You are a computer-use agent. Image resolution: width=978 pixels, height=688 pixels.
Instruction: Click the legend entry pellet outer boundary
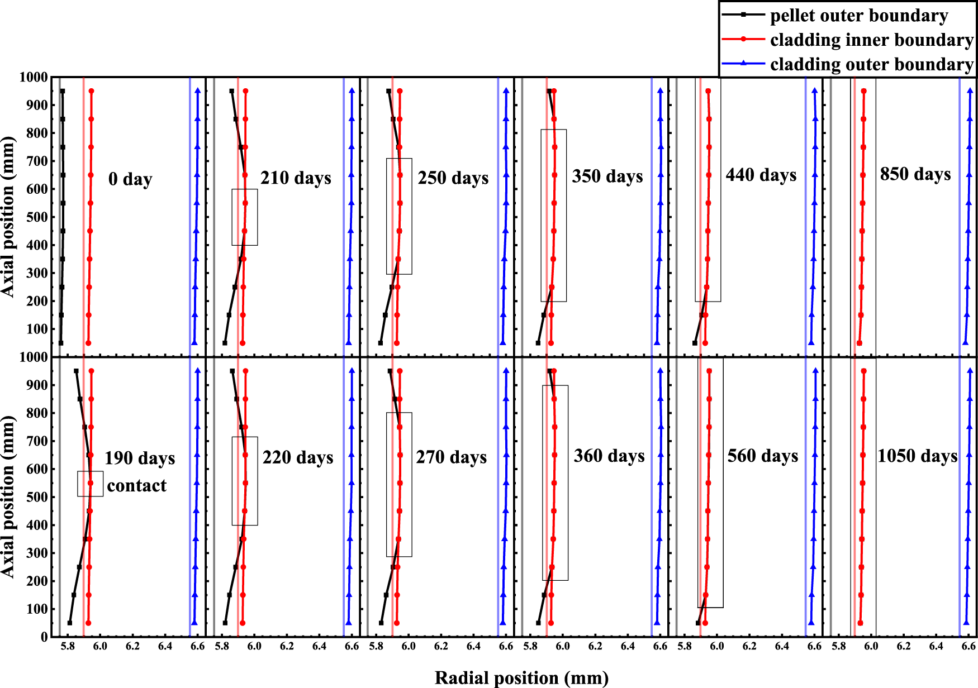(858, 16)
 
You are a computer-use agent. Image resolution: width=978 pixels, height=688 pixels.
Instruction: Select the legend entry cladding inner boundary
(871, 40)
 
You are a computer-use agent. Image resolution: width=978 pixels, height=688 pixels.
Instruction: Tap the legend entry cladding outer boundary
(871, 65)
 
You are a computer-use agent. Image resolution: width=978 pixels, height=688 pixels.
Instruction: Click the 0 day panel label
(130, 179)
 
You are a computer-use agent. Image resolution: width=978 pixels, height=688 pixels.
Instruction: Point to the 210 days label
(296, 178)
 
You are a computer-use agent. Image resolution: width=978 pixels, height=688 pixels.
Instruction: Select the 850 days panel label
(915, 174)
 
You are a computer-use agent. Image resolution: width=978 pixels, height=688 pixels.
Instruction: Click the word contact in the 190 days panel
(137, 486)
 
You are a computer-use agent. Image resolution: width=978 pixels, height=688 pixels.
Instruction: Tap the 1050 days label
(917, 456)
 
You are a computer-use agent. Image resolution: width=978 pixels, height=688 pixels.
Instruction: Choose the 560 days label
(763, 456)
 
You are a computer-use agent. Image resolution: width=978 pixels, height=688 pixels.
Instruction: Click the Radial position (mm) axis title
(521, 677)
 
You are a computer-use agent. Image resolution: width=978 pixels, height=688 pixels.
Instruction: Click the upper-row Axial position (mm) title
(8, 217)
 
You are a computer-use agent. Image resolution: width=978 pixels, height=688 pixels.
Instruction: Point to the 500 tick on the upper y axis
(37, 217)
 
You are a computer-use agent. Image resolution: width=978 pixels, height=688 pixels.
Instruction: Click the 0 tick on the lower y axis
(44, 637)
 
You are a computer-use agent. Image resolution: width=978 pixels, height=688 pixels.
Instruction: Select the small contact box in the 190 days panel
(90, 484)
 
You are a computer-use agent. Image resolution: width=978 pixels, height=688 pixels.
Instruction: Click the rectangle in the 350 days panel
(553, 216)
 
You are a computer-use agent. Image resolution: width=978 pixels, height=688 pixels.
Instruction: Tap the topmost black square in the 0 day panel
(63, 91)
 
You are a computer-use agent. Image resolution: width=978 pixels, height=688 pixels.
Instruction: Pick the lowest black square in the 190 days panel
(70, 623)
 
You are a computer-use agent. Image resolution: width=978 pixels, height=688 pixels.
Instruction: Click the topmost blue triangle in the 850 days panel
(970, 90)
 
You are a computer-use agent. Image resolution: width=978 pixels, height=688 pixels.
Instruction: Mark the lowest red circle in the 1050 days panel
(860, 623)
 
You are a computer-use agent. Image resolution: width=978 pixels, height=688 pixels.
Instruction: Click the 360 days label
(609, 456)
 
